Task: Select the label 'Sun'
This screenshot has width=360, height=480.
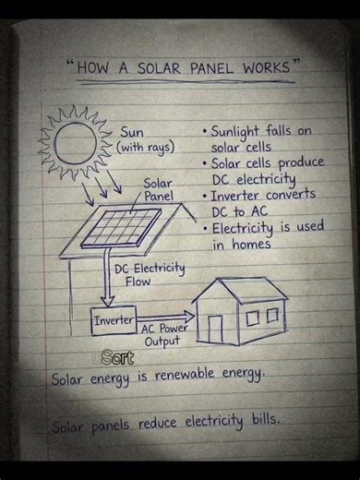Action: pos(131,133)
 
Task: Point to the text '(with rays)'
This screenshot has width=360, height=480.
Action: pos(146,148)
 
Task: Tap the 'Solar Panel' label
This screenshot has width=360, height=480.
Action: pos(158,190)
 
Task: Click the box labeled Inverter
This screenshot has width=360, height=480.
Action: pos(113,320)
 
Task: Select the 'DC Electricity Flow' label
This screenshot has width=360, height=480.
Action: pos(149,275)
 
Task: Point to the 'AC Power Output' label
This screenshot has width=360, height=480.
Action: pos(164,334)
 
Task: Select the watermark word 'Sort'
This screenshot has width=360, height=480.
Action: pos(117,357)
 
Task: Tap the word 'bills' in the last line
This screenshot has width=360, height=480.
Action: pos(260,423)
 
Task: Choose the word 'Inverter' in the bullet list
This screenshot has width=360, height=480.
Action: pos(242,196)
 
